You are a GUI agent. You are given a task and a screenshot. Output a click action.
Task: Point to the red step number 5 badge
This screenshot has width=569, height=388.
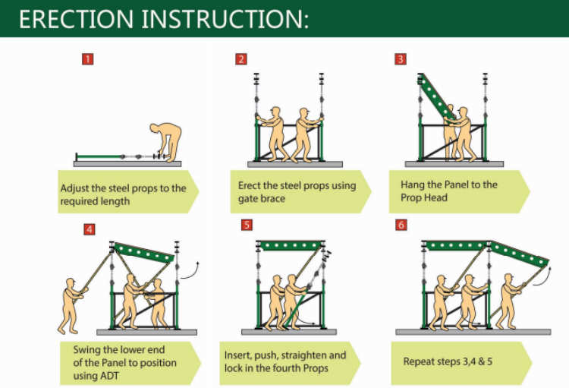(x=247, y=225)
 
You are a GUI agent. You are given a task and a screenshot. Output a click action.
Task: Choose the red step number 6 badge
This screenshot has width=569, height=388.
(x=401, y=225)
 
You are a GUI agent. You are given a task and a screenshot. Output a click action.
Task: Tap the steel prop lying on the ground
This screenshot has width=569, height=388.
(x=114, y=157)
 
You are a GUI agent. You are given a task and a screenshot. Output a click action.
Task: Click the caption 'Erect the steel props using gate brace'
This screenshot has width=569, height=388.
(x=292, y=192)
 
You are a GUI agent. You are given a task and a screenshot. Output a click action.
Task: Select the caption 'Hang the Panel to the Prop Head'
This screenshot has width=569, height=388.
(x=449, y=191)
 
